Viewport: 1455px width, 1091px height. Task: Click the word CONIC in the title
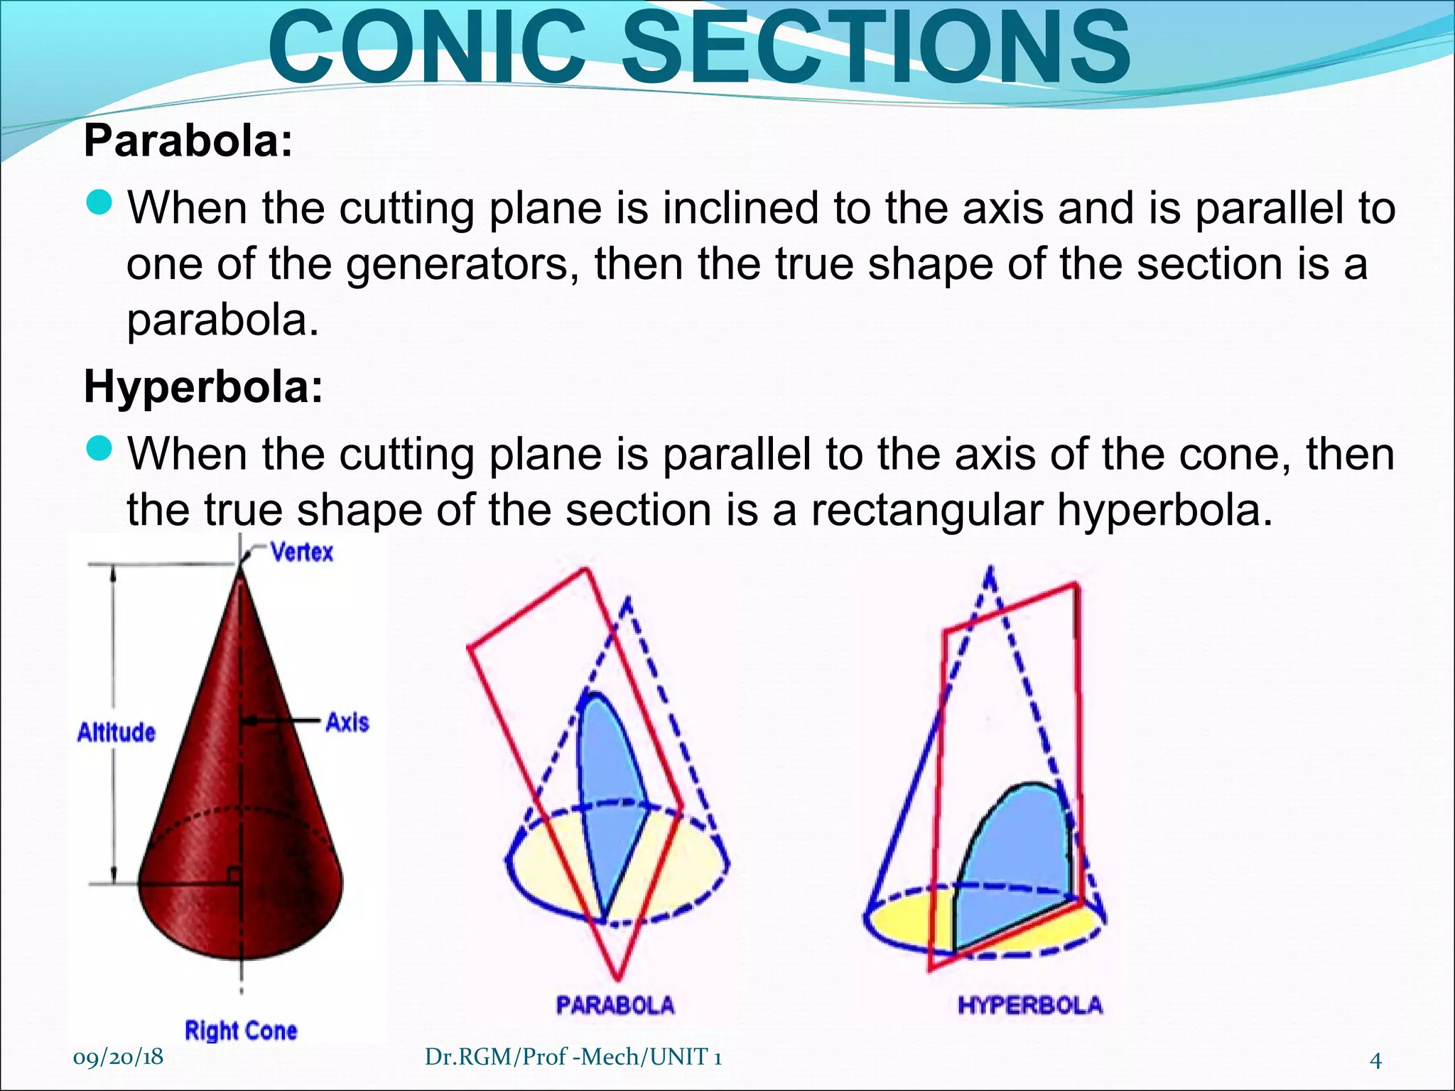tap(426, 48)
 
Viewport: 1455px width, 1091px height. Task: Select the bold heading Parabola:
tap(188, 141)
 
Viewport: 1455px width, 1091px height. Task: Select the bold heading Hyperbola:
tap(203, 387)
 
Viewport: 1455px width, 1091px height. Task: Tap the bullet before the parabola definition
tap(99, 204)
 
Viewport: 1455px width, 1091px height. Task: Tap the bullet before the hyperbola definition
tap(99, 449)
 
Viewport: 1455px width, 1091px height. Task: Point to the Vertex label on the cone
tap(302, 552)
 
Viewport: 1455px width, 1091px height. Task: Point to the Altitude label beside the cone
tap(116, 732)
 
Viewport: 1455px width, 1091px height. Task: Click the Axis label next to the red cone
tap(347, 722)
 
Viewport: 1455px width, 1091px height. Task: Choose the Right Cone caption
tap(241, 1031)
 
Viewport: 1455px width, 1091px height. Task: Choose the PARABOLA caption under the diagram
tap(615, 1005)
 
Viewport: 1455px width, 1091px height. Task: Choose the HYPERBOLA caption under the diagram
tap(1030, 1005)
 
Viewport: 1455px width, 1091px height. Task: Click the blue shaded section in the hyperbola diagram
tap(1012, 867)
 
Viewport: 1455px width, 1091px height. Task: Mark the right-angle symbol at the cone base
tap(234, 875)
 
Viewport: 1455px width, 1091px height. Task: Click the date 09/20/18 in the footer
tap(118, 1057)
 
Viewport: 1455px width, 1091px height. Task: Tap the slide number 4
tap(1375, 1060)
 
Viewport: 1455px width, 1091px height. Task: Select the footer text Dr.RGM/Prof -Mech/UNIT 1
tap(573, 1057)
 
